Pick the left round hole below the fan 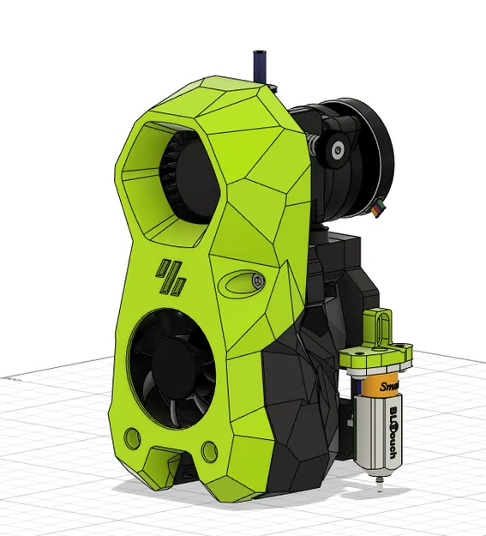(133, 437)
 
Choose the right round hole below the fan (209, 449)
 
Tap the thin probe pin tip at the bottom (375, 491)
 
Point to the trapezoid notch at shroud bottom (167, 463)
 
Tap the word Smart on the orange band (387, 388)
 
